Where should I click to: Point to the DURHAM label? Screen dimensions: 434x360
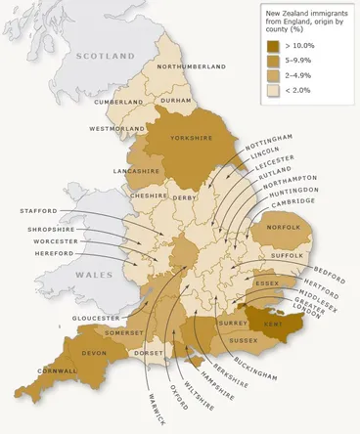(179, 100)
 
